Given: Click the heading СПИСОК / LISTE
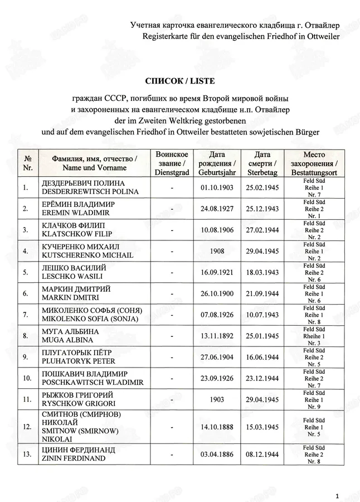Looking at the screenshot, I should (179, 81).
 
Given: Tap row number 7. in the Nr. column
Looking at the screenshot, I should (26, 315).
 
